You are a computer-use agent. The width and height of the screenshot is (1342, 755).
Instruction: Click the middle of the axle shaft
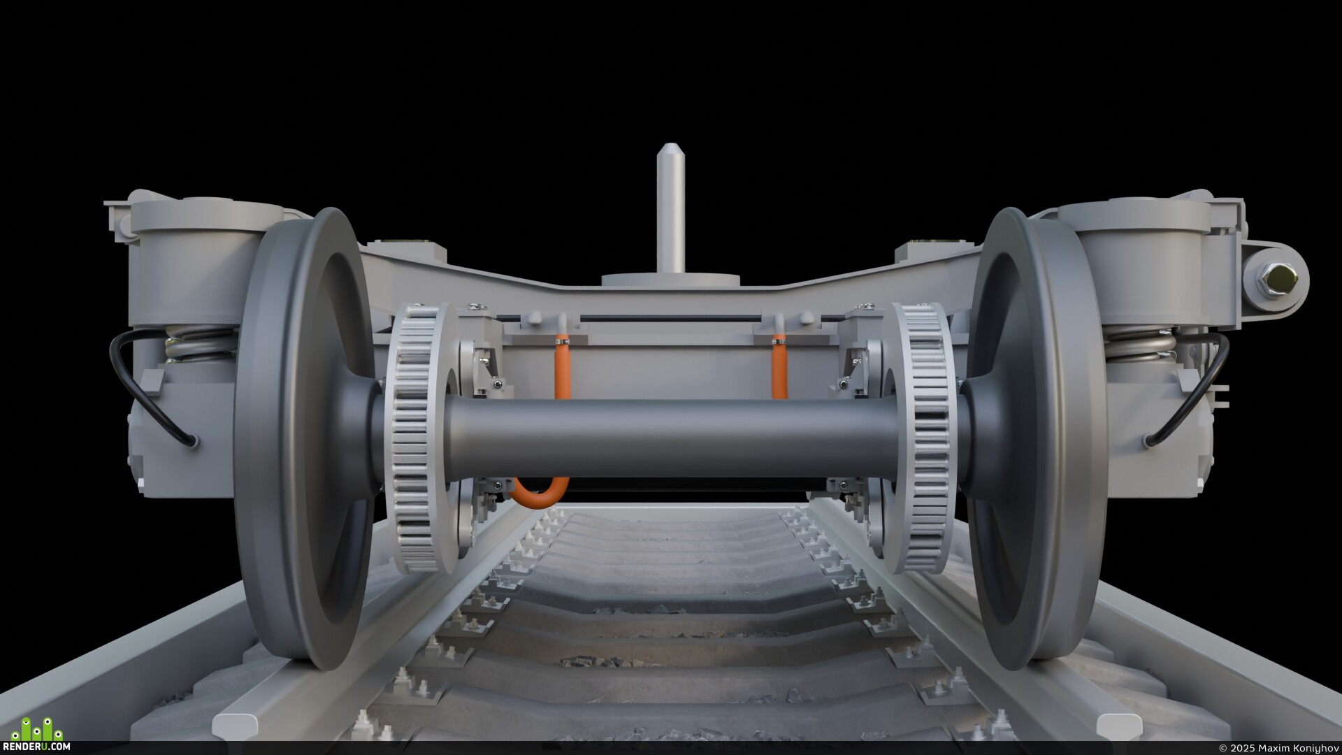[x=671, y=439]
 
